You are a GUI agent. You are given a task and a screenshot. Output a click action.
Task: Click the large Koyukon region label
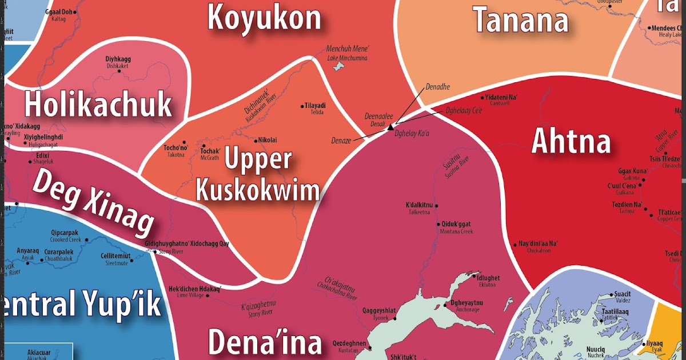point(264,17)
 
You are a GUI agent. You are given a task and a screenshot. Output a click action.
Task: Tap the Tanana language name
point(521,20)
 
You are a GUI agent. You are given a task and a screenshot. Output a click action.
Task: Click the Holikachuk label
point(98,105)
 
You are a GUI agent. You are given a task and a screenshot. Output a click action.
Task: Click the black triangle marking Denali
point(390,127)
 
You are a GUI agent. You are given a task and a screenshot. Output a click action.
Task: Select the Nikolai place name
point(268,139)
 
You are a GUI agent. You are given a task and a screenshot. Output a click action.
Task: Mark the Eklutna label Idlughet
point(487,280)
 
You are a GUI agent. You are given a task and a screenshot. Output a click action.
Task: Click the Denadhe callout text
point(437,87)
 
